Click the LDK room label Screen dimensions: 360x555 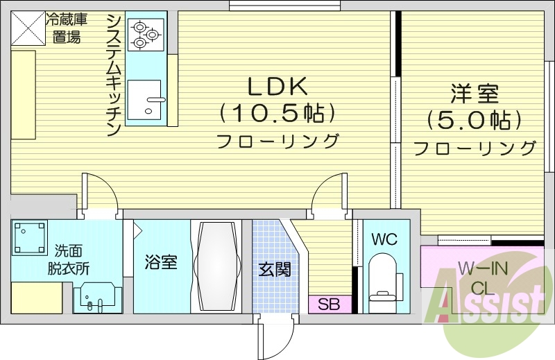click(x=277, y=86)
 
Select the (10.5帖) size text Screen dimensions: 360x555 click(x=277, y=112)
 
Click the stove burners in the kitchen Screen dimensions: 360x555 click(x=146, y=34)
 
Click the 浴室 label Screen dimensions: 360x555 click(x=160, y=263)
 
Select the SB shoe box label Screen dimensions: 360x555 click(x=329, y=304)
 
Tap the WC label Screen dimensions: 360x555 click(x=384, y=239)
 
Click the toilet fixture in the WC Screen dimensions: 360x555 click(x=383, y=277)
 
